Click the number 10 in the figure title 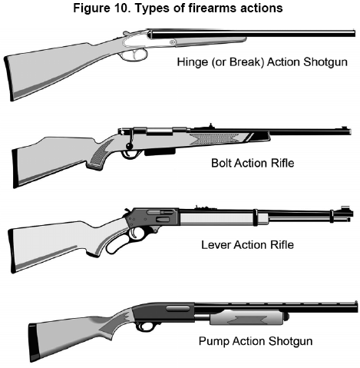pyautogui.click(x=121, y=8)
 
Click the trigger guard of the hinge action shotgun pyautogui.click(x=136, y=55)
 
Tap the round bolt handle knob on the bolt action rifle pyautogui.click(x=129, y=146)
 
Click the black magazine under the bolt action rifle pyautogui.click(x=160, y=151)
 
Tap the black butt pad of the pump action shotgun pyautogui.click(x=34, y=343)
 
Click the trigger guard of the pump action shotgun pyautogui.click(x=144, y=327)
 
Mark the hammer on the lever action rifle pyautogui.click(x=127, y=211)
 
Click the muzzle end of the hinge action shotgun pyautogui.click(x=354, y=34)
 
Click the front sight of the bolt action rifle pyautogui.click(x=345, y=128)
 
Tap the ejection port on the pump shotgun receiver pyautogui.click(x=178, y=308)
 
